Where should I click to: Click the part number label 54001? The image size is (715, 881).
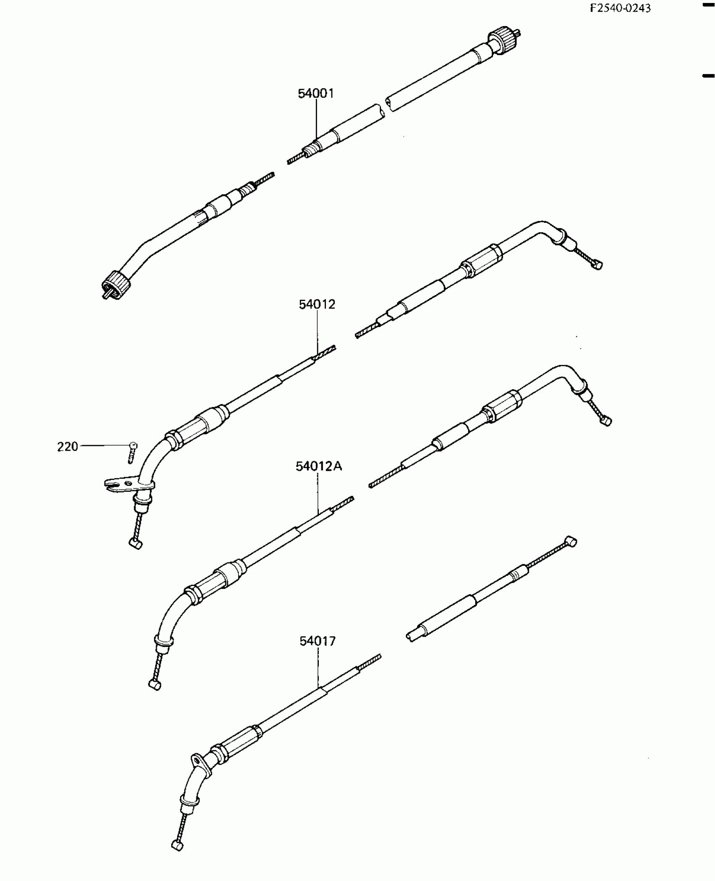click(x=316, y=93)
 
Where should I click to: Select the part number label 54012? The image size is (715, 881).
click(x=317, y=304)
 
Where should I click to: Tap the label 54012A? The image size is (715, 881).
click(x=318, y=467)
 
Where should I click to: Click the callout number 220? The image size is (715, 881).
click(x=68, y=446)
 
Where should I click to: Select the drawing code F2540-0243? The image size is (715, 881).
click(x=620, y=8)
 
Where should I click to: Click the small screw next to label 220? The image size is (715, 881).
click(x=132, y=451)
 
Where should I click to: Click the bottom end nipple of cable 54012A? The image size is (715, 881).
click(x=155, y=686)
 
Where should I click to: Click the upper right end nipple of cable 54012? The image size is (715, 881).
click(x=598, y=265)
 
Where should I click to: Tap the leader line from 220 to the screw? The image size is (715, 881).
click(x=103, y=445)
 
